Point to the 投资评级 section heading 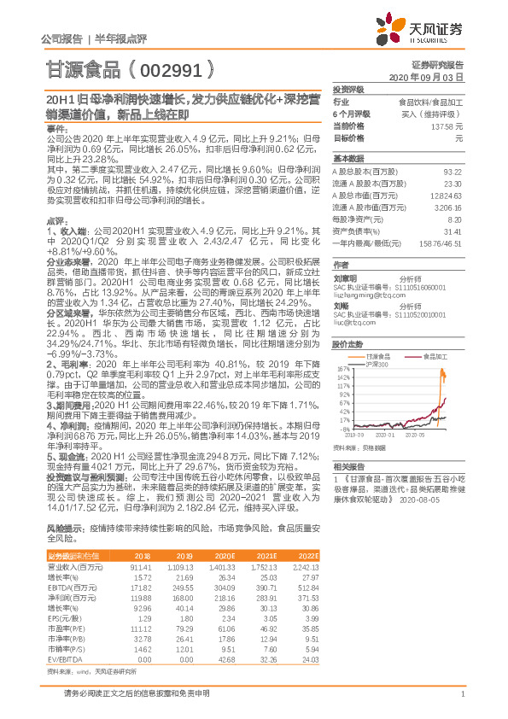[348, 89]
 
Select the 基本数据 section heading [348, 160]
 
